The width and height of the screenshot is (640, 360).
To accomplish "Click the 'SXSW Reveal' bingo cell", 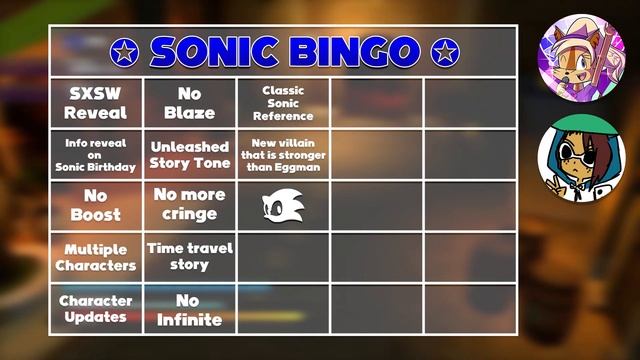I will click(x=96, y=103).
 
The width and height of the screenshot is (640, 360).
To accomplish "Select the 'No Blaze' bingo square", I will click(x=189, y=103).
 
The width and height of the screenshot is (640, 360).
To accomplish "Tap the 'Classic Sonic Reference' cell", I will click(x=283, y=103).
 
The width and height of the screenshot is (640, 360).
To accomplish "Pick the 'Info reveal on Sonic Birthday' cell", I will click(x=96, y=154).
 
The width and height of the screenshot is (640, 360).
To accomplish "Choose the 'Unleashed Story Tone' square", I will click(x=189, y=154).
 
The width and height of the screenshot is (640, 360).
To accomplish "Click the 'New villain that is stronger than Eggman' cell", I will click(x=283, y=154).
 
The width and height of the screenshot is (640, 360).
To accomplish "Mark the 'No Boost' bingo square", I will click(x=96, y=205).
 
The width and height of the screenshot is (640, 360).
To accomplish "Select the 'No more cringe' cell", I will click(x=189, y=205).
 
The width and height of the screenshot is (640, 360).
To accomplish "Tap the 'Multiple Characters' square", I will click(x=96, y=257).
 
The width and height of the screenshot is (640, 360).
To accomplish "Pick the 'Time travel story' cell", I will click(x=189, y=257).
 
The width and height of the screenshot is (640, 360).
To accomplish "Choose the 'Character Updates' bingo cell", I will click(x=96, y=308).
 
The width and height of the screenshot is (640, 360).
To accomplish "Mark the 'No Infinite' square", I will click(x=189, y=308).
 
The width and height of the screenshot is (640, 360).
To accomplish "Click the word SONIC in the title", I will click(x=218, y=51).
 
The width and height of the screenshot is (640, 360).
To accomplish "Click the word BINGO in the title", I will click(x=355, y=51).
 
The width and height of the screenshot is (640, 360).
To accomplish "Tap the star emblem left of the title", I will click(x=123, y=52).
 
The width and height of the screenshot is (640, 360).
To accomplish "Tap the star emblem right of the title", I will click(x=443, y=52).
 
